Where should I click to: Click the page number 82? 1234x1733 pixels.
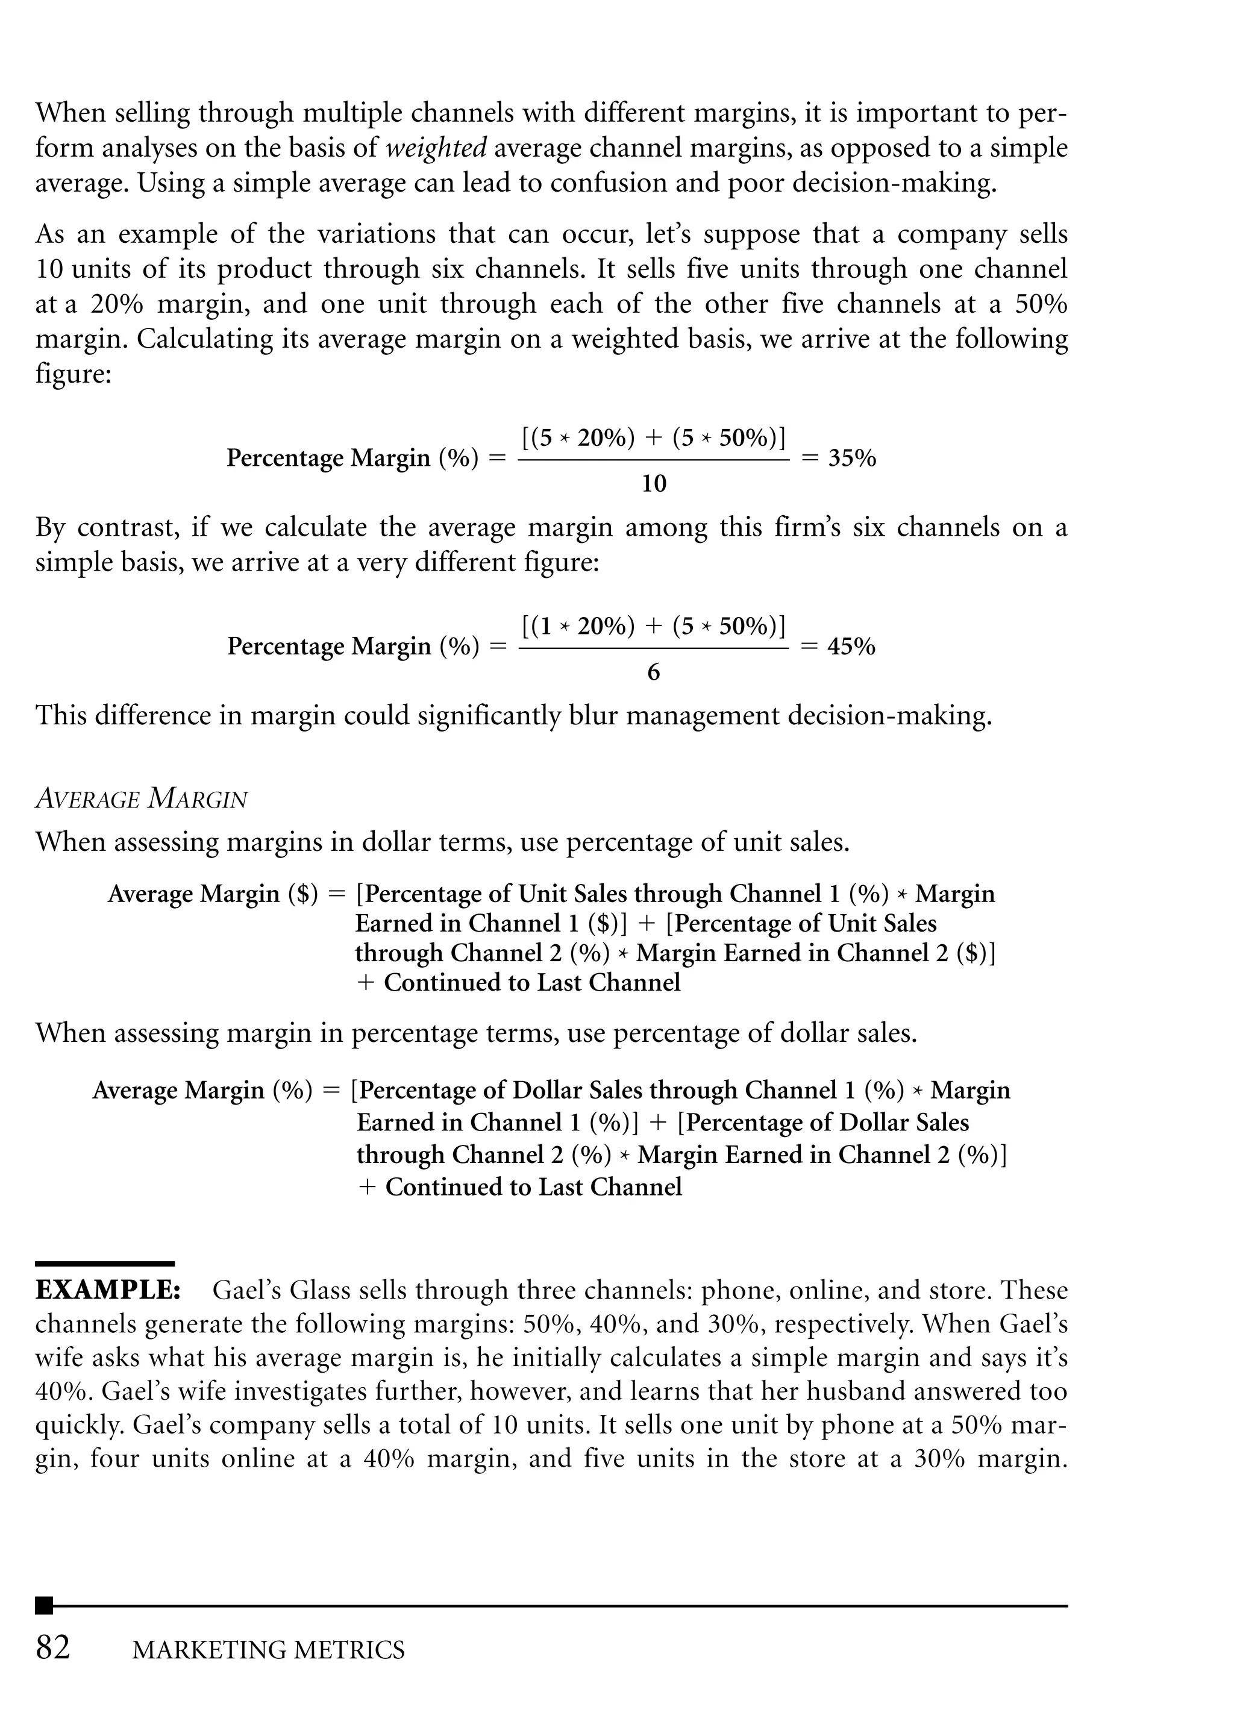(53, 1647)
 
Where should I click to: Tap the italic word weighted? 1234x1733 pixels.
(436, 148)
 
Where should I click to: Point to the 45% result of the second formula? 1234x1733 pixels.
(851, 647)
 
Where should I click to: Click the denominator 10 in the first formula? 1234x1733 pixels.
(654, 484)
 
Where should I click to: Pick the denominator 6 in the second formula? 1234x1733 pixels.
(654, 672)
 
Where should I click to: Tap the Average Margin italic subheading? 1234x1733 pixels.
(142, 798)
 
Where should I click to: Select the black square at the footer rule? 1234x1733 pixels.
(44, 1605)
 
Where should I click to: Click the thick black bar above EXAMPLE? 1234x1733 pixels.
(105, 1264)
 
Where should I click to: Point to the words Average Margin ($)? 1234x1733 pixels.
(213, 894)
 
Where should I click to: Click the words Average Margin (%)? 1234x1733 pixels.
(202, 1090)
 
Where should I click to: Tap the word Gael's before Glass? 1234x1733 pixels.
(244, 1290)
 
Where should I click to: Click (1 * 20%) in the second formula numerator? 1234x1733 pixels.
(579, 627)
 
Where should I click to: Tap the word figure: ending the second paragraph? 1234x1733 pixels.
(73, 374)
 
